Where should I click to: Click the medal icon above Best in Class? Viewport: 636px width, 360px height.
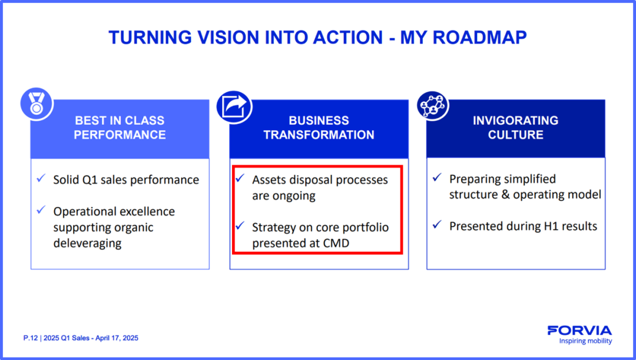(x=37, y=104)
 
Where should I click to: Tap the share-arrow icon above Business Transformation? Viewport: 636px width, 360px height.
(x=234, y=107)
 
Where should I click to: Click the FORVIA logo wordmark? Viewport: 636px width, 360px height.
(x=579, y=331)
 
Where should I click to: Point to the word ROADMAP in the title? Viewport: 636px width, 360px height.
(x=480, y=38)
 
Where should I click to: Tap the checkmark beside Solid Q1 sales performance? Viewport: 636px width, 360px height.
(x=41, y=178)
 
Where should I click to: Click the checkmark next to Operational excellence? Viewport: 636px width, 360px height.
(x=41, y=210)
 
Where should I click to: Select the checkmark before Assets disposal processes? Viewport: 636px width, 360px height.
(x=240, y=178)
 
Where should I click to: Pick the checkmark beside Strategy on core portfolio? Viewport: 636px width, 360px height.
(x=240, y=225)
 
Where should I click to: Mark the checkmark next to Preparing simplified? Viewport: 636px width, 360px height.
(x=437, y=177)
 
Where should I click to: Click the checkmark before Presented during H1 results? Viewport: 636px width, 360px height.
(x=437, y=224)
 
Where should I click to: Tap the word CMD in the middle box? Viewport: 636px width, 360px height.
(x=336, y=243)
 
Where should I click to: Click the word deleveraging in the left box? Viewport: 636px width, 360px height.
(x=88, y=243)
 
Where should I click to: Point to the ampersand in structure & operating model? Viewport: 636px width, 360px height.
(x=505, y=194)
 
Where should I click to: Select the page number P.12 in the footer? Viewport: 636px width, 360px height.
(x=31, y=338)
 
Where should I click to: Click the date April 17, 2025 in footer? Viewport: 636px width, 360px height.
(x=117, y=338)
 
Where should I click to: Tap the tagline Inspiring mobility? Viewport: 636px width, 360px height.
(x=585, y=341)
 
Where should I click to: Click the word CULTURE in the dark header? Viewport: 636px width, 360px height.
(x=515, y=135)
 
